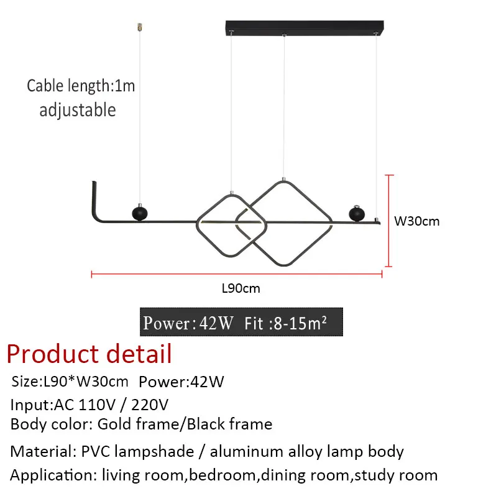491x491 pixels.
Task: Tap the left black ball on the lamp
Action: [138, 213]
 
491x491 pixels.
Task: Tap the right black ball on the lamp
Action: [356, 213]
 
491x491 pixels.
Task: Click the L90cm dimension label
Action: [241, 288]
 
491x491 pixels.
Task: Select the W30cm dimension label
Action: [417, 221]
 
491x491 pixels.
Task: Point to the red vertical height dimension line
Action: [390, 221]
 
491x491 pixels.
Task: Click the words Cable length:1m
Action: [81, 85]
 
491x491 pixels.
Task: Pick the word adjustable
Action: [78, 110]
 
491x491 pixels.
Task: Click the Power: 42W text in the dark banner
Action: [188, 323]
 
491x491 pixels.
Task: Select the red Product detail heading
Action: [89, 354]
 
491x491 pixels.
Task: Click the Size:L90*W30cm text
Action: [70, 382]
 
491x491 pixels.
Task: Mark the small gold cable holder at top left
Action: [139, 27]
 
